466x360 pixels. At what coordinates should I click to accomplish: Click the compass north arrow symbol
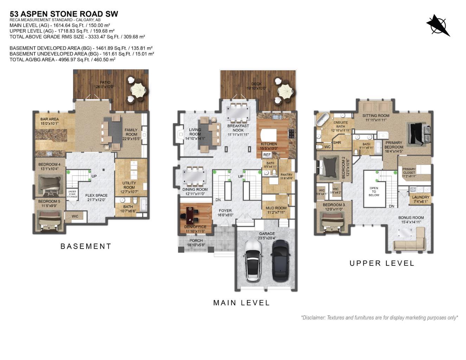(x=438, y=25)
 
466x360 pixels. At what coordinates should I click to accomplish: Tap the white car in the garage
(x=253, y=261)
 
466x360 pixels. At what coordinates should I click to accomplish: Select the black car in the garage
(x=280, y=261)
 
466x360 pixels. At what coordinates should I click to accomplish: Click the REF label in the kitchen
(x=267, y=155)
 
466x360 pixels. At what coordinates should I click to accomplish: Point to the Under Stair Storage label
(x=72, y=194)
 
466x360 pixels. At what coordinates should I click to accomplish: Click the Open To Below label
(x=374, y=192)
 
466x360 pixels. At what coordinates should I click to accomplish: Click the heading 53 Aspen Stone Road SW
(x=64, y=14)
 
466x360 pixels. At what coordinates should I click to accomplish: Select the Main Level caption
(x=241, y=303)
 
